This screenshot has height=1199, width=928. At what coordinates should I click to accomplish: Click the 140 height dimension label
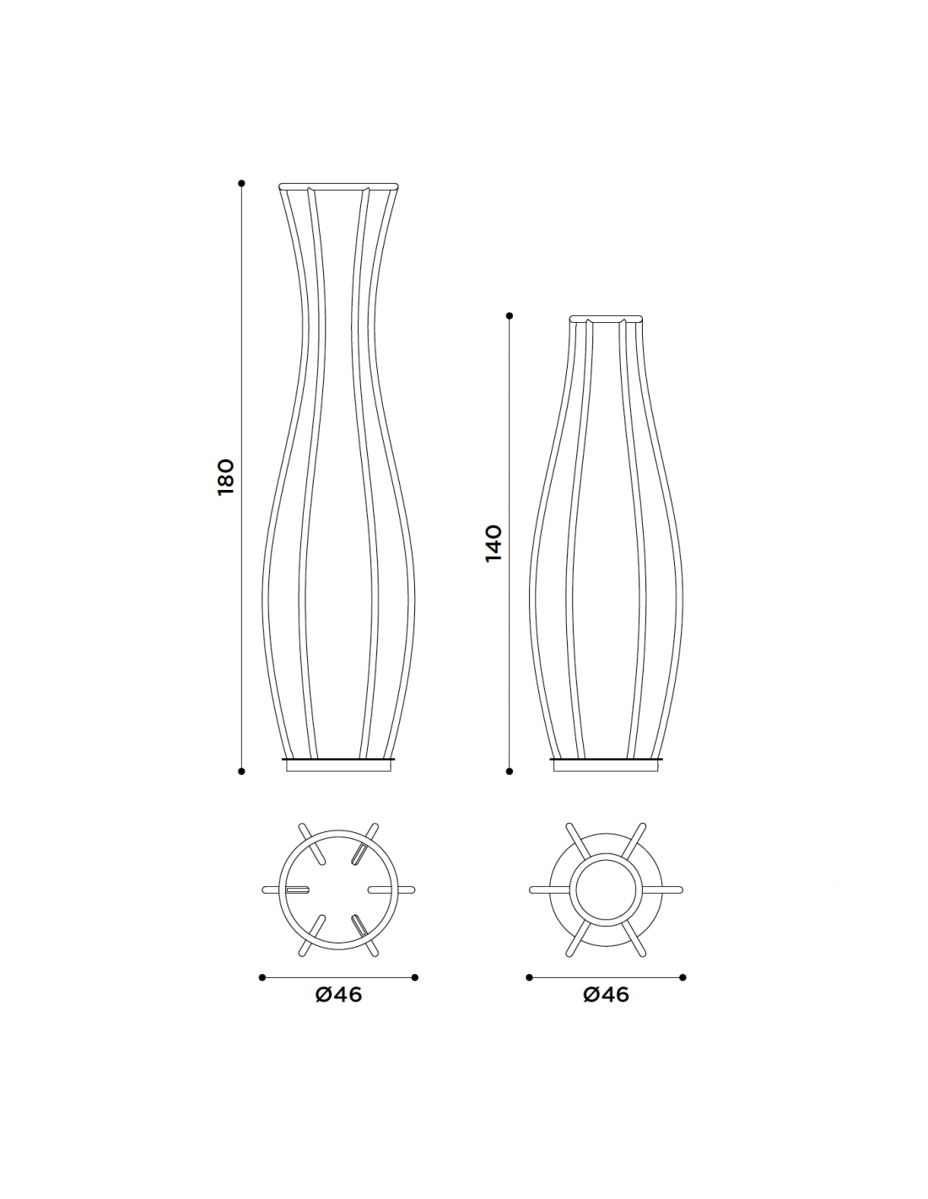click(494, 544)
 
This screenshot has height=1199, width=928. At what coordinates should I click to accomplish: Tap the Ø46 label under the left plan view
click(338, 1010)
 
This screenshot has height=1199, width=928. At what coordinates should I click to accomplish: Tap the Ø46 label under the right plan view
click(606, 1010)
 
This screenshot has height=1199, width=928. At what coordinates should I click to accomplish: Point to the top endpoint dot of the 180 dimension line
click(241, 183)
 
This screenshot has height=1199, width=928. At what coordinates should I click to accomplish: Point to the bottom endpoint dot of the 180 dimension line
click(241, 771)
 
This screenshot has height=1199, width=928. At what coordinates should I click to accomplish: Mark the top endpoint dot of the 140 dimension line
click(509, 316)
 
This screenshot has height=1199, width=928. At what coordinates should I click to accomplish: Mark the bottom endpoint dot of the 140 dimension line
click(509, 771)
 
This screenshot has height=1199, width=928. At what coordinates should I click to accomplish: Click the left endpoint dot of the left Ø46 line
click(262, 977)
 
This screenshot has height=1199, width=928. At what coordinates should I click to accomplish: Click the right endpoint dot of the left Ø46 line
click(414, 977)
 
